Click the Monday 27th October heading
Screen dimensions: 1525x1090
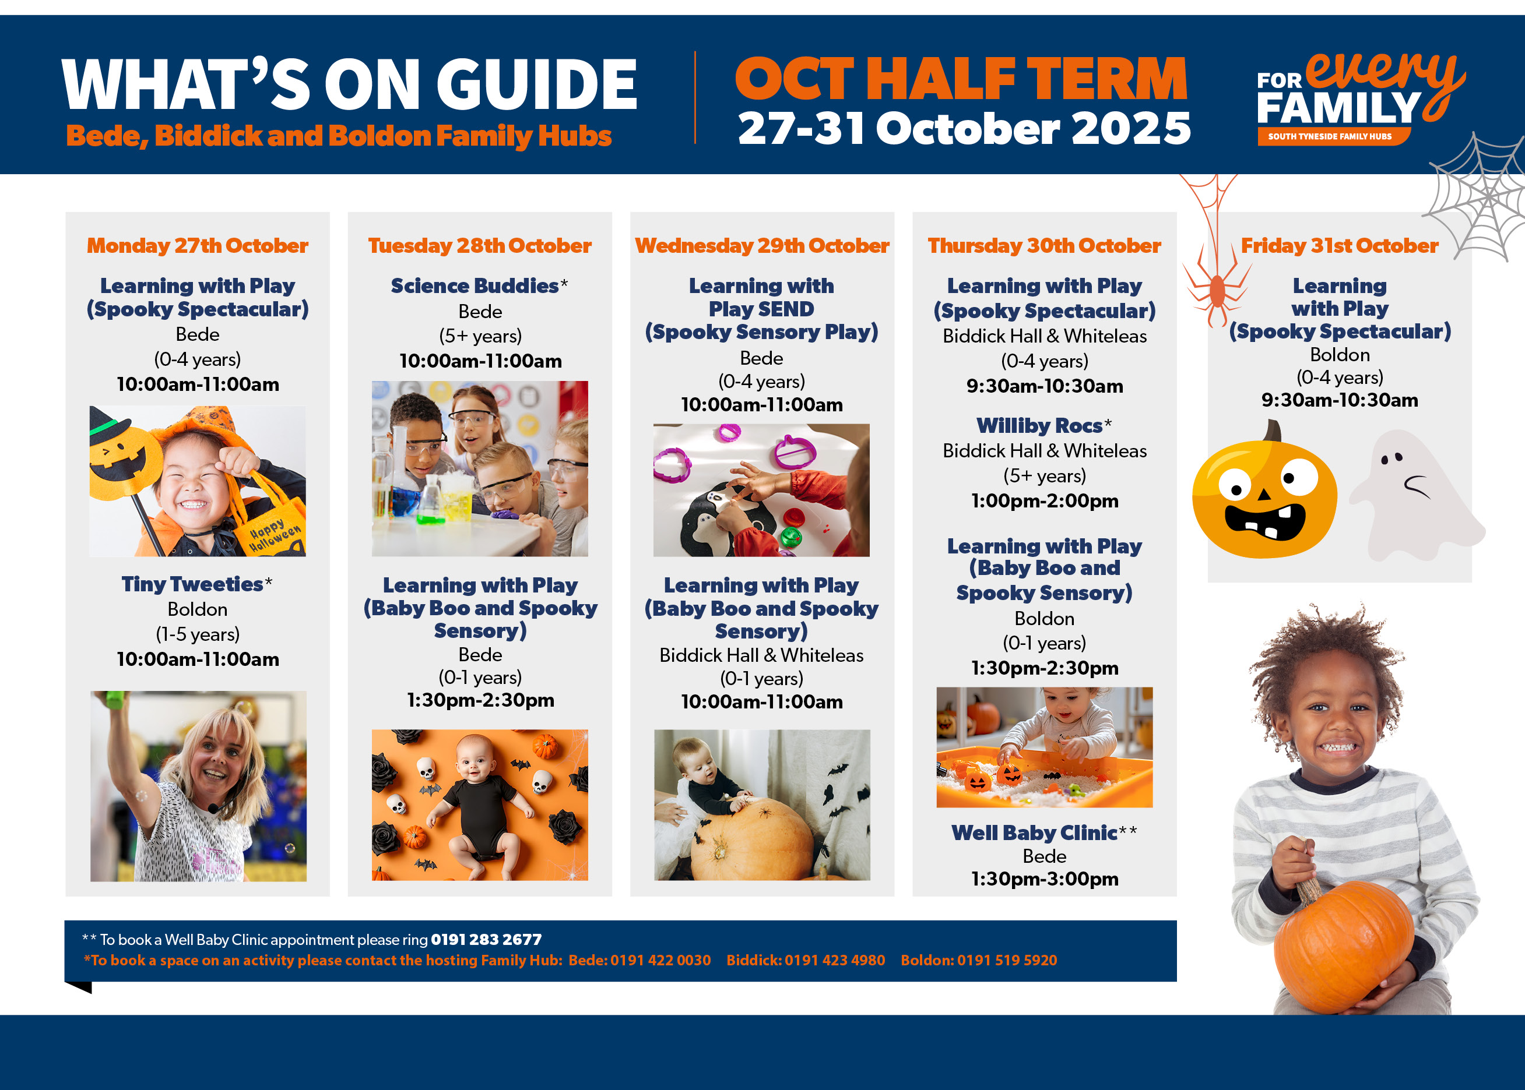pos(198,246)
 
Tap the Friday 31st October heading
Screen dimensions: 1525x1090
pos(1339,246)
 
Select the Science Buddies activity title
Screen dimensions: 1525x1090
pos(475,286)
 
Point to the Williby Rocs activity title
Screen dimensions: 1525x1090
pos(1039,425)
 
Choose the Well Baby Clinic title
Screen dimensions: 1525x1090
pos(1035,833)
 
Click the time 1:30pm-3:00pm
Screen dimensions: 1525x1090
pos(1045,879)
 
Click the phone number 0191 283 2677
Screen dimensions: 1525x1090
pos(486,940)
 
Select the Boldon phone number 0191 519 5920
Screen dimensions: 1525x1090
pos(1007,961)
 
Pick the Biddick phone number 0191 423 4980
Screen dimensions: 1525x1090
pos(835,961)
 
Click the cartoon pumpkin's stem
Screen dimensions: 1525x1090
pos(1273,431)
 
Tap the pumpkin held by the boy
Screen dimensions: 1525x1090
pos(1343,946)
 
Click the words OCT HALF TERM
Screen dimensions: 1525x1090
pos(961,79)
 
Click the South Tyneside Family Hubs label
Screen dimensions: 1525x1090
pos(1330,136)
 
